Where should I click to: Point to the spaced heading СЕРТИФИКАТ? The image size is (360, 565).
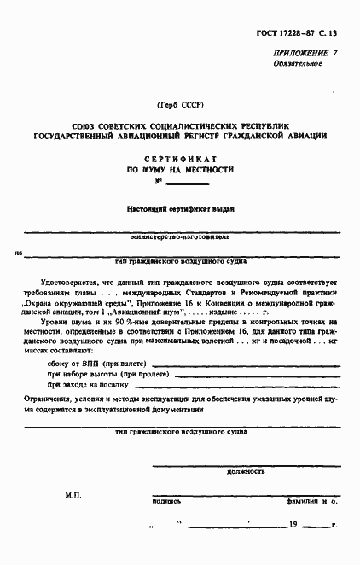[x=179, y=160]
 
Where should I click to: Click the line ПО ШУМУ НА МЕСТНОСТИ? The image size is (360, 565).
[x=179, y=171]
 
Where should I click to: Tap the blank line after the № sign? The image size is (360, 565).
[x=188, y=184]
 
